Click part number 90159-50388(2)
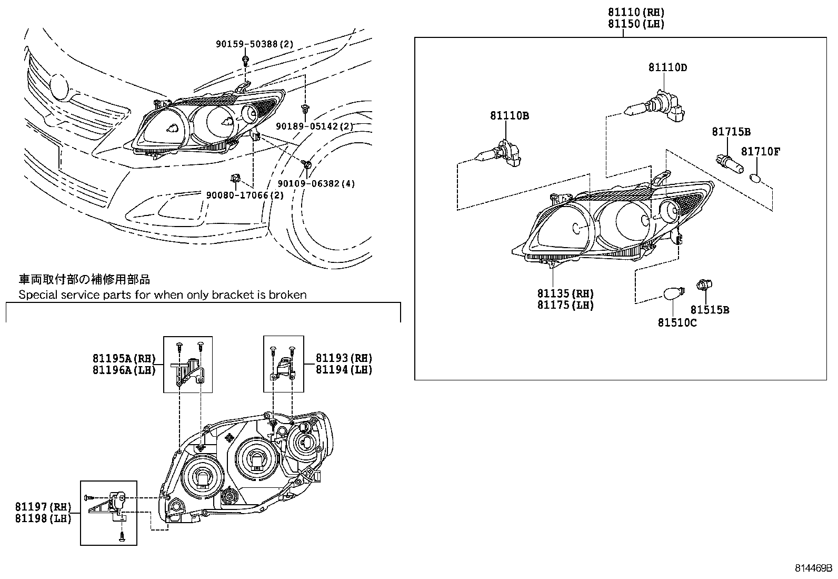coord(254,45)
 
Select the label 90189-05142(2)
coord(314,126)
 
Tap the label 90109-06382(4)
coord(316,183)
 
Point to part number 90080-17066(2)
coord(245,195)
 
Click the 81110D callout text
coord(667,67)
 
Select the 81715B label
coord(731,132)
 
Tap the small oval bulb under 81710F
coord(755,177)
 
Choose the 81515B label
coord(710,310)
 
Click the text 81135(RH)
coord(565,293)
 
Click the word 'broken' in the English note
coord(287,295)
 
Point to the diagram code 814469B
coord(813,568)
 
